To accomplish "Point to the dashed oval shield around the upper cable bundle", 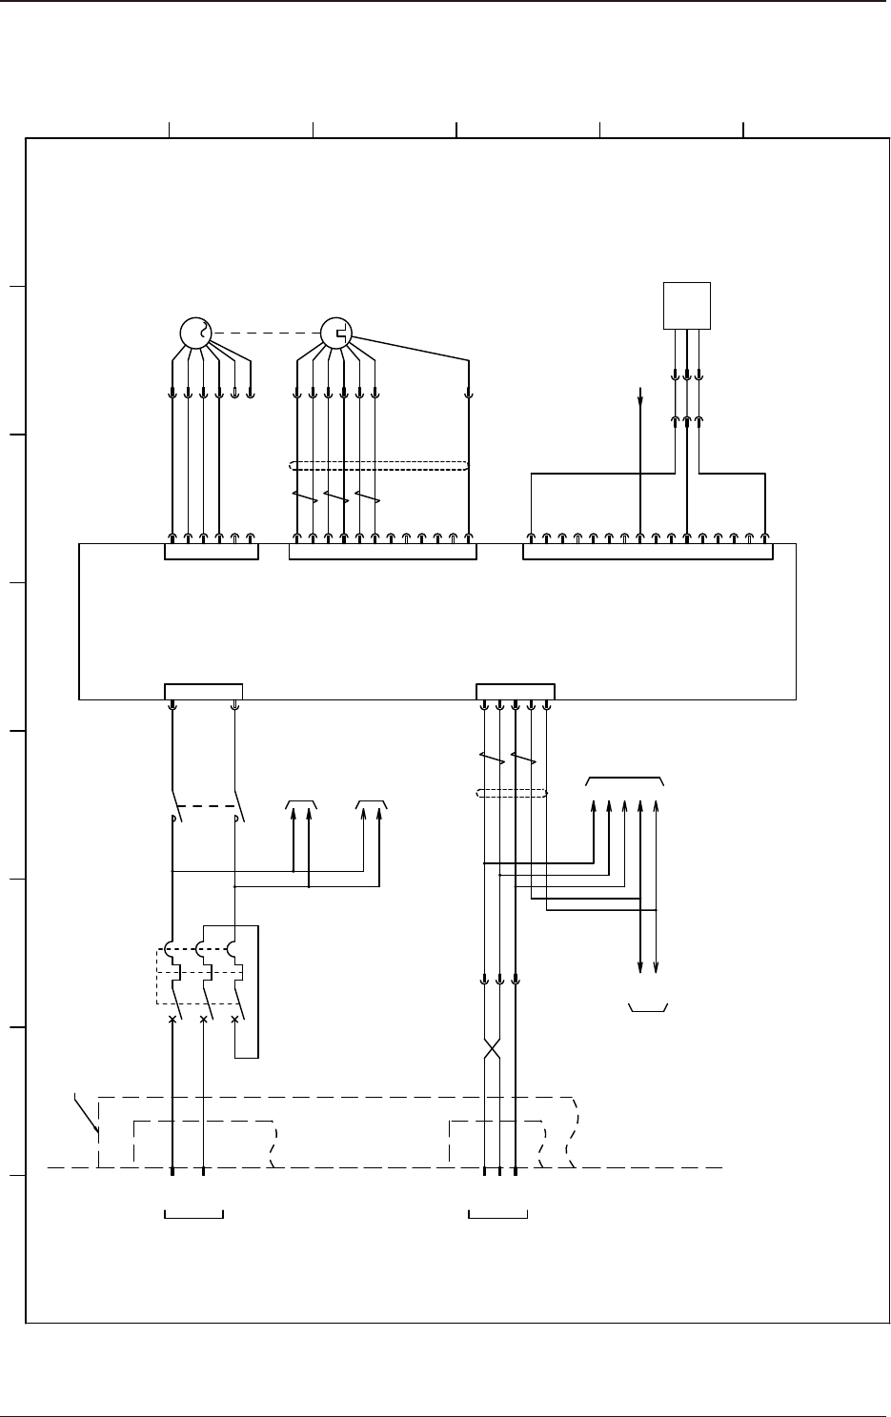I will [379, 466].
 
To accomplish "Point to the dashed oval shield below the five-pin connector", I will [511, 793].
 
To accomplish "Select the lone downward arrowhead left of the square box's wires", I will [640, 399].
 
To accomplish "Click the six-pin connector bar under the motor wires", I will [212, 552].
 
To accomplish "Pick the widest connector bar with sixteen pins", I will [648, 552].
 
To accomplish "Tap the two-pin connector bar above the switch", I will [203, 690].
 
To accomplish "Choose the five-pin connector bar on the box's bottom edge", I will [515, 690].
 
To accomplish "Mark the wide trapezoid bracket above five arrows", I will [625, 779].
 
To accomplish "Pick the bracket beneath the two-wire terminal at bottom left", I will [194, 1214].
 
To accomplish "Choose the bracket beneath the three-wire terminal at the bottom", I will [498, 1214].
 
